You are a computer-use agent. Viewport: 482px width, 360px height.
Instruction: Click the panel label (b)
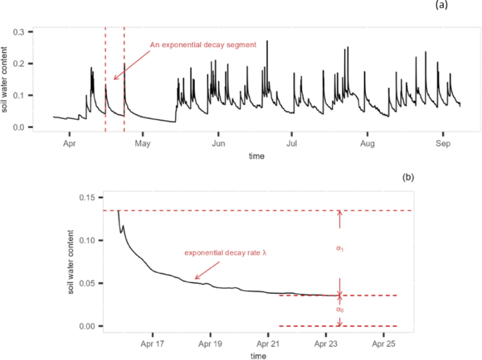coord(407,178)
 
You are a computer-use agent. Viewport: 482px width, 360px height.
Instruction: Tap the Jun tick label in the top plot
coord(218,143)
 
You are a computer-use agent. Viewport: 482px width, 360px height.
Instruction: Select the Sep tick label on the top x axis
coord(443,143)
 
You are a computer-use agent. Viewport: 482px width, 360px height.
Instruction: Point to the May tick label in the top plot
coord(143,143)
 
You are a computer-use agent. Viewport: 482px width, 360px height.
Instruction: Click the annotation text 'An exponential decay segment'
coord(203,45)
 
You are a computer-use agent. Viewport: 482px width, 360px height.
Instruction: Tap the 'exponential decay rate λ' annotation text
coord(226,253)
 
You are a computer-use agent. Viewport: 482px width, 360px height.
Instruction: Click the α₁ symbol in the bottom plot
coord(340,248)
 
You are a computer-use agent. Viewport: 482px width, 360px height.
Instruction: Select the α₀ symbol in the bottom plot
coord(340,309)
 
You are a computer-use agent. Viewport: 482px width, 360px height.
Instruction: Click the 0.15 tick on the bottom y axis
coord(87,198)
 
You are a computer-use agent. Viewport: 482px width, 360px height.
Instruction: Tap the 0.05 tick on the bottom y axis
coord(87,283)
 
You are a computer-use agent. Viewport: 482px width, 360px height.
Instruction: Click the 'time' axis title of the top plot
coord(256,156)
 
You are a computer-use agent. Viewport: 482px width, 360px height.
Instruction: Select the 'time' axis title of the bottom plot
coord(258,356)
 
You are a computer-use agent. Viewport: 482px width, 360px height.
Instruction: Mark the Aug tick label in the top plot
coord(367,143)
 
